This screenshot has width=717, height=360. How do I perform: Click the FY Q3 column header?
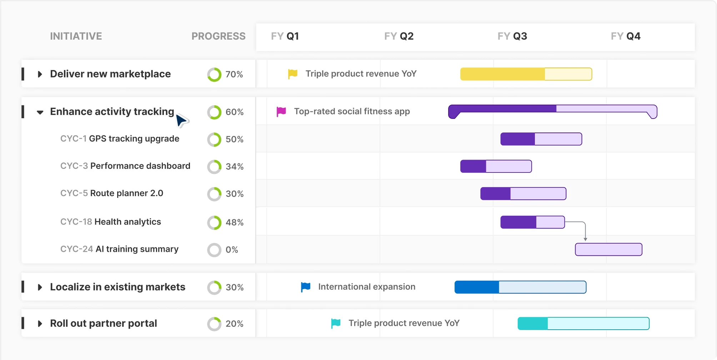point(512,36)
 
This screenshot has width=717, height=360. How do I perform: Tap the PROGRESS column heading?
point(218,36)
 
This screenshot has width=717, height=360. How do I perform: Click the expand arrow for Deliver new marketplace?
point(40,74)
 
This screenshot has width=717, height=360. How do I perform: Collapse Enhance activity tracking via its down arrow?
point(40,112)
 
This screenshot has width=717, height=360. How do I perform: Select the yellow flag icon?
point(292,74)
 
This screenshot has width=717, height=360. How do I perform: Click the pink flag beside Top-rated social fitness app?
point(281,112)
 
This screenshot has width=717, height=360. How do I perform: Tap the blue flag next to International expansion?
point(305,287)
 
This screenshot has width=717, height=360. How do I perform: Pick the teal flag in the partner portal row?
point(336,324)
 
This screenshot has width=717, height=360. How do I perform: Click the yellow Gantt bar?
point(526,74)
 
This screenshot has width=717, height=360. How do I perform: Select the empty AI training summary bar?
point(608,250)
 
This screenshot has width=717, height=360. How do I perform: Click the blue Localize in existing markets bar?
point(520,287)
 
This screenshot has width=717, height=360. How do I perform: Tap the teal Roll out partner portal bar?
point(583,324)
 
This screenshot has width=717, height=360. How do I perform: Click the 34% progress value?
point(235,167)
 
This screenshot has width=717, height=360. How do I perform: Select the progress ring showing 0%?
point(214,250)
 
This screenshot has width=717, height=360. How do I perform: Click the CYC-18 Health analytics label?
point(111,222)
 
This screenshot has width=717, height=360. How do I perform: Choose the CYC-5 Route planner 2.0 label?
point(111,193)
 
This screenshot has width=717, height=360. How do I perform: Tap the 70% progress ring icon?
point(214,75)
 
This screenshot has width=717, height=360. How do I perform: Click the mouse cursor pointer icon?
point(181,120)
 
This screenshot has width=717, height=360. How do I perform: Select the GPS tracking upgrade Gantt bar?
point(541,139)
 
